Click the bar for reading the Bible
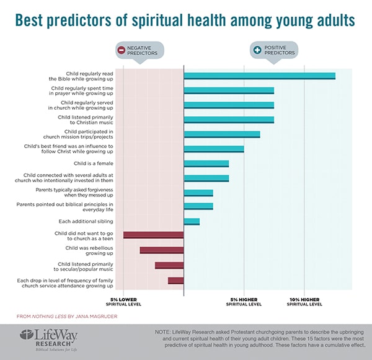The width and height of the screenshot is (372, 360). pyautogui.click(x=259, y=76)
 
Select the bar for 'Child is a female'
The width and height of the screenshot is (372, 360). pyautogui.click(x=206, y=164)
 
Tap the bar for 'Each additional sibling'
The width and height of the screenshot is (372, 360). pyautogui.click(x=192, y=221)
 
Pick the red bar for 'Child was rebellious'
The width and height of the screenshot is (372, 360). pyautogui.click(x=162, y=250)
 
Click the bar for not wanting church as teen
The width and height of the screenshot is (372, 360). pyautogui.click(x=154, y=235)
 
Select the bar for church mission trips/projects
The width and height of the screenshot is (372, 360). pyautogui.click(x=222, y=134)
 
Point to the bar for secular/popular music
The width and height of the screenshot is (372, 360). pyautogui.click(x=169, y=265)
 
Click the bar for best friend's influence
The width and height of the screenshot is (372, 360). pyautogui.click(x=214, y=149)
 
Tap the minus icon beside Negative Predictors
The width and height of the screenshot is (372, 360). pyautogui.click(x=121, y=51)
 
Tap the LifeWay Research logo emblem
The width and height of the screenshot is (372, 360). pyautogui.click(x=27, y=337)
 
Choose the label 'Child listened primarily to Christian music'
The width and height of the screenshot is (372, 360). pyautogui.click(x=86, y=120)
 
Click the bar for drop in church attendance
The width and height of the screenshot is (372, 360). pyautogui.click(x=176, y=280)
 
